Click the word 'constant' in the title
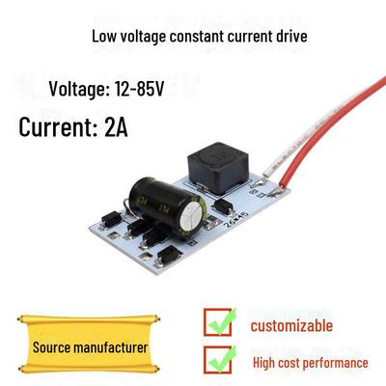tap(197, 36)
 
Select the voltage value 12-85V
tap(139, 89)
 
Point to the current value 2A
tap(116, 127)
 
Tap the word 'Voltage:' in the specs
tap(79, 89)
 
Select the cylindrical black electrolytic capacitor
tap(167, 204)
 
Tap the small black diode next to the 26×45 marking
tap(224, 206)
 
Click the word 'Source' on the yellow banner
tap(51, 347)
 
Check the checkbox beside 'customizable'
tap(218, 322)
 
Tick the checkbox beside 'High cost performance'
tap(218, 360)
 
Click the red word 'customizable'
tap(291, 325)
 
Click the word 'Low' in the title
tap(103, 36)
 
